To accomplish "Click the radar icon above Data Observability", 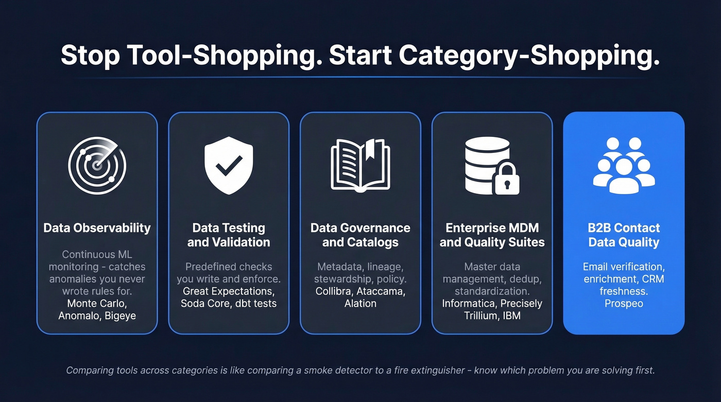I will (97, 166).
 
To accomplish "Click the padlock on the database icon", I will (507, 180).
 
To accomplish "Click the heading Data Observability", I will (97, 228).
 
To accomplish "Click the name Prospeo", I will (624, 304).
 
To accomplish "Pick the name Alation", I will (360, 304).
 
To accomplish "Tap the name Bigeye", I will (121, 316).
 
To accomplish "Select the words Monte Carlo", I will (97, 304).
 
